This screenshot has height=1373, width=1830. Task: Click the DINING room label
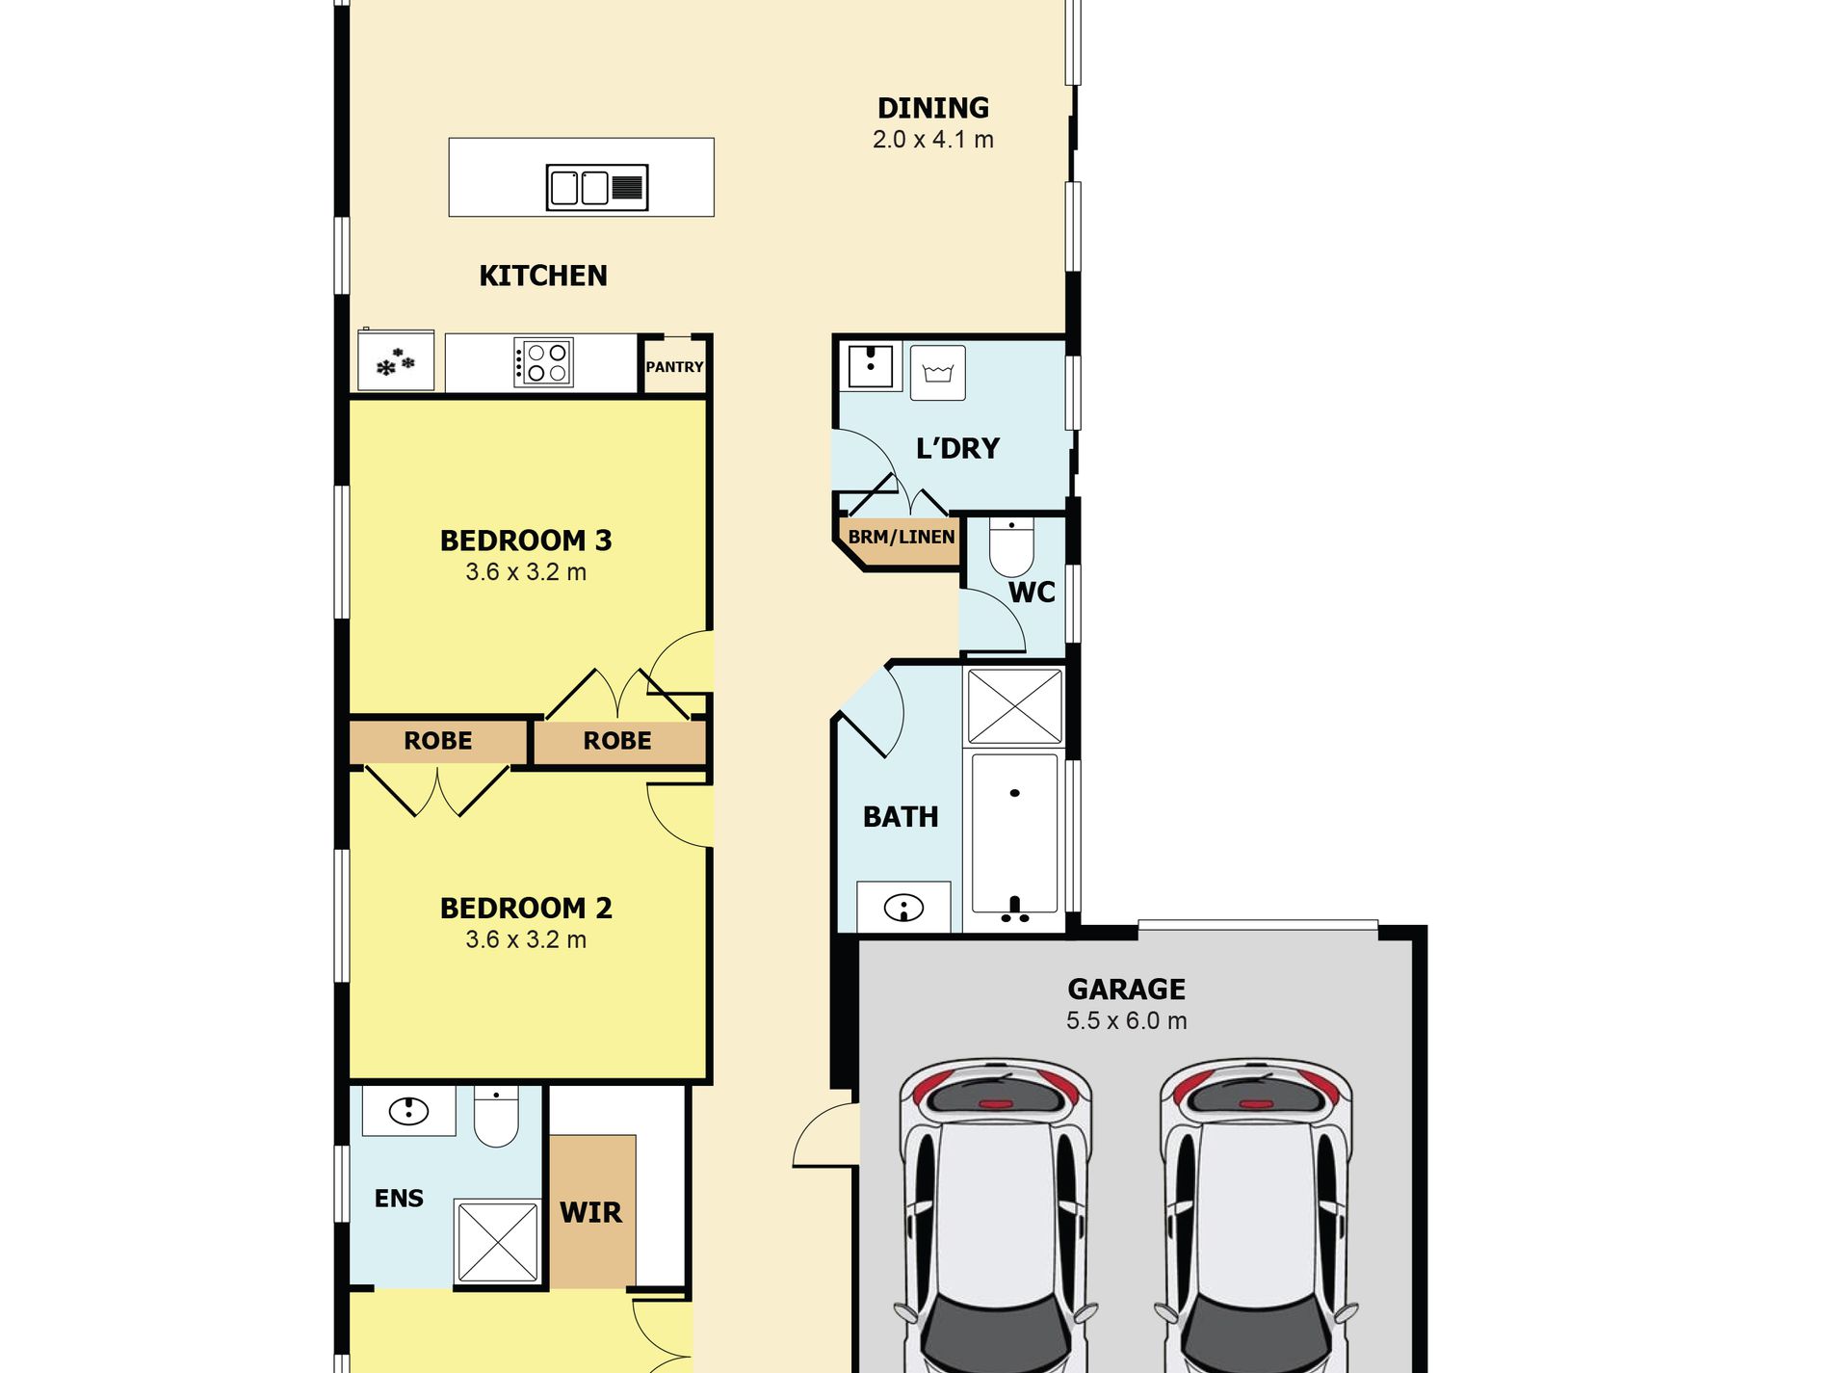tap(932, 108)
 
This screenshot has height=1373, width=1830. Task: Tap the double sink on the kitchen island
tap(597, 187)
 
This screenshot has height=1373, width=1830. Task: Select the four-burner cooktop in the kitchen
tap(544, 362)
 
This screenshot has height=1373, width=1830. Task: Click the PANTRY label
tap(674, 367)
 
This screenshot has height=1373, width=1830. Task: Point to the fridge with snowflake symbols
tap(396, 360)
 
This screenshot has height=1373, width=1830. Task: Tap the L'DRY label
tap(957, 448)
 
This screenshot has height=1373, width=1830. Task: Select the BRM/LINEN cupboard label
tap(902, 537)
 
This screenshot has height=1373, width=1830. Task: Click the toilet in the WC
tap(1011, 546)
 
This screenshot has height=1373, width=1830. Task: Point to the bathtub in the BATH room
tap(1015, 833)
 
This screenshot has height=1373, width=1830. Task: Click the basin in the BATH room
tap(903, 908)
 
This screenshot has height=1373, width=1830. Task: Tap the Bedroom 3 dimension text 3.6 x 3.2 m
tap(526, 572)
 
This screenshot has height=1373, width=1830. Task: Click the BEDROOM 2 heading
tap(526, 908)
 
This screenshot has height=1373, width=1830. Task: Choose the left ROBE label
tap(438, 741)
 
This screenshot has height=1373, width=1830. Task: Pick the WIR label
tap(590, 1212)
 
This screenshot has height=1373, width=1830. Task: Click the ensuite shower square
tap(498, 1241)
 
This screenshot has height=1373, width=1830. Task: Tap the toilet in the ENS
tap(496, 1117)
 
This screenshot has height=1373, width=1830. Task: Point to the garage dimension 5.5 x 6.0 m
tap(1127, 1021)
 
